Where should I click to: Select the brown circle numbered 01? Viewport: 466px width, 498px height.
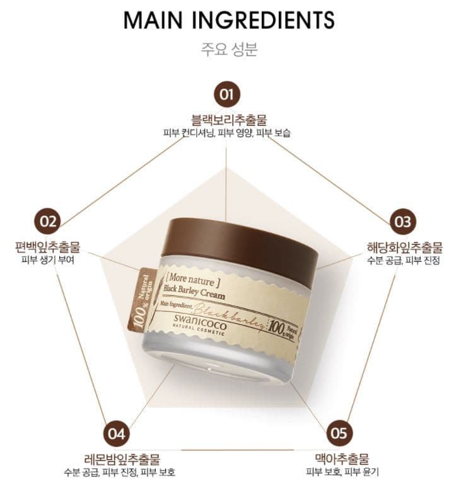point(226,95)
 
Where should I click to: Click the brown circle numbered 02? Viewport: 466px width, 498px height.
point(48,221)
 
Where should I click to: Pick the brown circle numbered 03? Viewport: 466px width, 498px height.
point(402,222)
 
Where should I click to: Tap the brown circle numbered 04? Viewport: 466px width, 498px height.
point(116,434)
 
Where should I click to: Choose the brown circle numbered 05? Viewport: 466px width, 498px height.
point(339,434)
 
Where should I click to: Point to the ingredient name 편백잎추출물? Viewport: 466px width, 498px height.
point(48,246)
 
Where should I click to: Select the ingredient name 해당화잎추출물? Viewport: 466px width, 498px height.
point(404,246)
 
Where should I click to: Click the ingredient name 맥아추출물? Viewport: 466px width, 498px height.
point(341,458)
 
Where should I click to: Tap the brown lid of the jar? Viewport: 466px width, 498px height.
point(239,242)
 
